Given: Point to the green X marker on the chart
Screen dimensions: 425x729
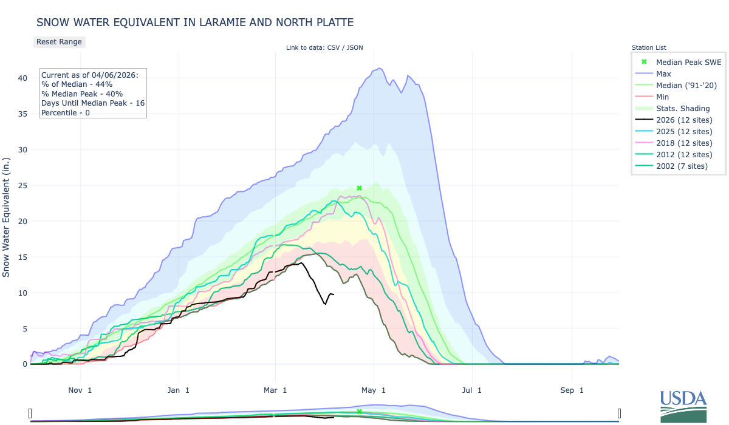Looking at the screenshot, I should coord(359,188).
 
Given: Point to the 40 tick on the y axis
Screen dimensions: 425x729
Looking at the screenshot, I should coord(22,78).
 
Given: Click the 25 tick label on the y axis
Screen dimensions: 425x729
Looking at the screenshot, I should coord(22,185).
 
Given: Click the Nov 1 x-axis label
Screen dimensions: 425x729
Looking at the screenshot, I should coord(80,390).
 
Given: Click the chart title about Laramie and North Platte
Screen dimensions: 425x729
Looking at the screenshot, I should coord(195,22).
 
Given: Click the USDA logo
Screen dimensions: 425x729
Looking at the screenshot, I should coord(683,406).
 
